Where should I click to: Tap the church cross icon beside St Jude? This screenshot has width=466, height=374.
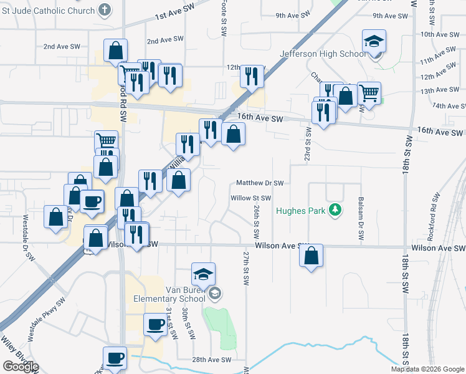click(x=104, y=11)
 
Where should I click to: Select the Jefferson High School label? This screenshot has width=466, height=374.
click(x=323, y=54)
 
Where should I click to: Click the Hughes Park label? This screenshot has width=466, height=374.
click(x=302, y=211)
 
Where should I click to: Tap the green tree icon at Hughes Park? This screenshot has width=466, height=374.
click(x=336, y=209)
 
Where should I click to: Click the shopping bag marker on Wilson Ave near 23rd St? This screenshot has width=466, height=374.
click(x=311, y=256)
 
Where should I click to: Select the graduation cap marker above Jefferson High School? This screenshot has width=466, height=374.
click(x=374, y=41)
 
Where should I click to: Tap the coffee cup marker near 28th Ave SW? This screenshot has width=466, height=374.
click(x=115, y=358)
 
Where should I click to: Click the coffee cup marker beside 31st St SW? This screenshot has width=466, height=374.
click(x=155, y=324)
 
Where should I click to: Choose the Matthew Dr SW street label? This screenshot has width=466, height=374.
click(x=260, y=183)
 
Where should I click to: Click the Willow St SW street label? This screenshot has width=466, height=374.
click(x=250, y=198)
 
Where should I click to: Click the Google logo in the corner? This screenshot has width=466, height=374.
click(x=21, y=367)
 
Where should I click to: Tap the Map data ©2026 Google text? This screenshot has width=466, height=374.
click(x=427, y=369)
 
